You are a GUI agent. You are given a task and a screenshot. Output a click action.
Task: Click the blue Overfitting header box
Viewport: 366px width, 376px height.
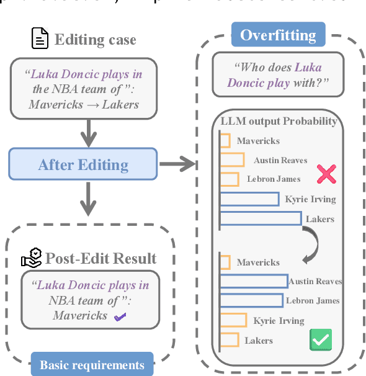click(x=278, y=35)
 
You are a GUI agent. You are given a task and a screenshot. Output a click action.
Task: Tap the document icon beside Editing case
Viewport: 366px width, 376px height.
click(x=40, y=40)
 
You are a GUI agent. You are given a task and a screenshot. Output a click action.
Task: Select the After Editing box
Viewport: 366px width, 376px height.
click(x=83, y=164)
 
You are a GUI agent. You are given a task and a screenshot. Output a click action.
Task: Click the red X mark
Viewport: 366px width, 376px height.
click(x=326, y=174)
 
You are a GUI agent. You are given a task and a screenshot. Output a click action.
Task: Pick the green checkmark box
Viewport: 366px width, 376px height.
click(x=321, y=339)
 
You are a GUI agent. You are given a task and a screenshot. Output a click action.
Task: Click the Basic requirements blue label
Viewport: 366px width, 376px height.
click(x=92, y=365)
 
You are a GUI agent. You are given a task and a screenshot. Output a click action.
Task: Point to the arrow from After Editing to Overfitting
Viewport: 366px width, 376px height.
click(x=177, y=164)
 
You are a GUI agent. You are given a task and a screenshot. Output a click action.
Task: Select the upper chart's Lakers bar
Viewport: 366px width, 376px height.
click(x=261, y=218)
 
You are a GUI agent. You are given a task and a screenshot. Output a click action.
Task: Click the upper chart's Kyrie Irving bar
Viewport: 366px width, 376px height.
click(x=249, y=199)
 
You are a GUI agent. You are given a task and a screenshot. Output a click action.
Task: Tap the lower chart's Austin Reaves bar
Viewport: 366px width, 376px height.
click(x=254, y=282)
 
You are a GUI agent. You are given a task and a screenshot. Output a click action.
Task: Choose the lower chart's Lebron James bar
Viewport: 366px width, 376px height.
click(x=251, y=301)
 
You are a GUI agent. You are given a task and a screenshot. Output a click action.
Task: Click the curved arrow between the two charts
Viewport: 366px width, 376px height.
click(x=311, y=242)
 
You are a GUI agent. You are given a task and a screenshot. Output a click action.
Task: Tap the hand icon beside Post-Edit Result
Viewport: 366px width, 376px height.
click(x=31, y=258)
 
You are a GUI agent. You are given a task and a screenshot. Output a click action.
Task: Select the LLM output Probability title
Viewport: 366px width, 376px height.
click(x=279, y=121)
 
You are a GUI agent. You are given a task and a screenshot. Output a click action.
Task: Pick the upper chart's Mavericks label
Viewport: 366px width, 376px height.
click(x=258, y=141)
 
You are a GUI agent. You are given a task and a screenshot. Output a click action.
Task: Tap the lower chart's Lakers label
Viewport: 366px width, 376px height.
click(x=259, y=341)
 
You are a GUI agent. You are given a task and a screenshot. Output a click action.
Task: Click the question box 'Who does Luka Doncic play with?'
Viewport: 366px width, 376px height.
click(x=277, y=75)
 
